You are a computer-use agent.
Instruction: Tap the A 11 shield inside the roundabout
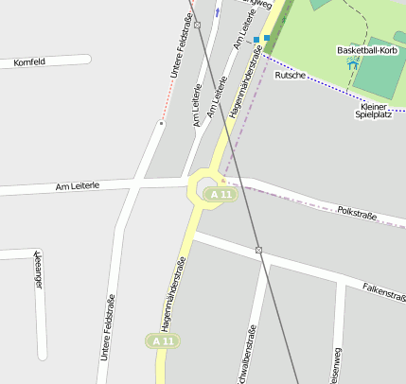click(x=221, y=194)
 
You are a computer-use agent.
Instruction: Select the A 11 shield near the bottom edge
click(x=162, y=340)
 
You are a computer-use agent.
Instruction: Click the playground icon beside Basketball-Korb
click(x=353, y=63)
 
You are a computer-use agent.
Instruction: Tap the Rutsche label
click(x=290, y=75)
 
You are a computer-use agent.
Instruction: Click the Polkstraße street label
click(x=357, y=214)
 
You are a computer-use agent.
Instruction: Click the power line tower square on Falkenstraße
click(x=258, y=250)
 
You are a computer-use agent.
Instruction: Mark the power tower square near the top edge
click(x=198, y=25)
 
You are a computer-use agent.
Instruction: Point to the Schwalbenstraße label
click(x=252, y=355)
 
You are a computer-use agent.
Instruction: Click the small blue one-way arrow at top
click(x=217, y=12)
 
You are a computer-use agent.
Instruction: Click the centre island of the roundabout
click(x=208, y=187)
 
